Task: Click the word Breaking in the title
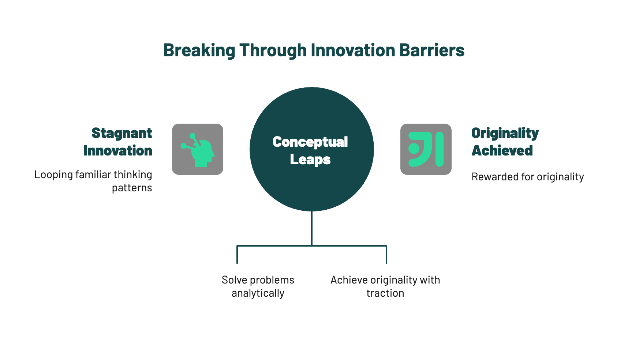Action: pyautogui.click(x=199, y=50)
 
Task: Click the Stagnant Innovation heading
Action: pyautogui.click(x=117, y=142)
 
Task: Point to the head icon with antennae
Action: pyautogui.click(x=198, y=150)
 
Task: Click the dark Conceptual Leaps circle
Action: pyautogui.click(x=312, y=149)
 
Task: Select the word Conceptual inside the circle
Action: pyautogui.click(x=310, y=142)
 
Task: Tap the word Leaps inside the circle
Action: pyautogui.click(x=310, y=160)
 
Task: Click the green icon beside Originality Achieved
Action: pyautogui.click(x=426, y=149)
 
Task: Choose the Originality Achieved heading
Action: pyautogui.click(x=505, y=142)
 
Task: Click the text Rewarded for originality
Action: pyautogui.click(x=528, y=177)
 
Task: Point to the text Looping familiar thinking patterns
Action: pyautogui.click(x=93, y=181)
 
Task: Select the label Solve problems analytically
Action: pyautogui.click(x=258, y=286)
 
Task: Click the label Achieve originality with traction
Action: pyautogui.click(x=385, y=286)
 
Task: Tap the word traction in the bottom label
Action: pyautogui.click(x=385, y=293)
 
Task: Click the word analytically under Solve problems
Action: pyautogui.click(x=258, y=293)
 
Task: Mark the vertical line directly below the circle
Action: pyautogui.click(x=312, y=229)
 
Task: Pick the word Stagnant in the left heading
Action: pyautogui.click(x=122, y=134)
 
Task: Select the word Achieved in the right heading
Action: pyautogui.click(x=502, y=151)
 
